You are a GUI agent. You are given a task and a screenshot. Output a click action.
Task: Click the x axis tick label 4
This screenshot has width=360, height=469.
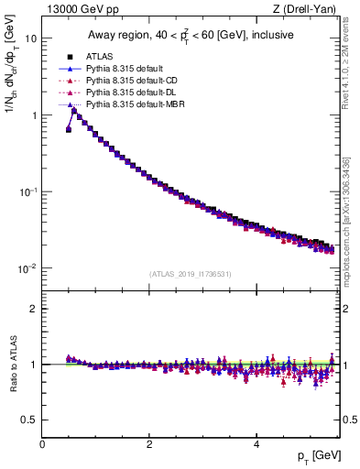[x=256, y=443]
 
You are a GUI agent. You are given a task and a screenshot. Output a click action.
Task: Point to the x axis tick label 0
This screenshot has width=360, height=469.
[x=42, y=443]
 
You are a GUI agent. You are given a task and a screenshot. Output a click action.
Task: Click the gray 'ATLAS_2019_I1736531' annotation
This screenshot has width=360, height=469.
[x=190, y=274]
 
